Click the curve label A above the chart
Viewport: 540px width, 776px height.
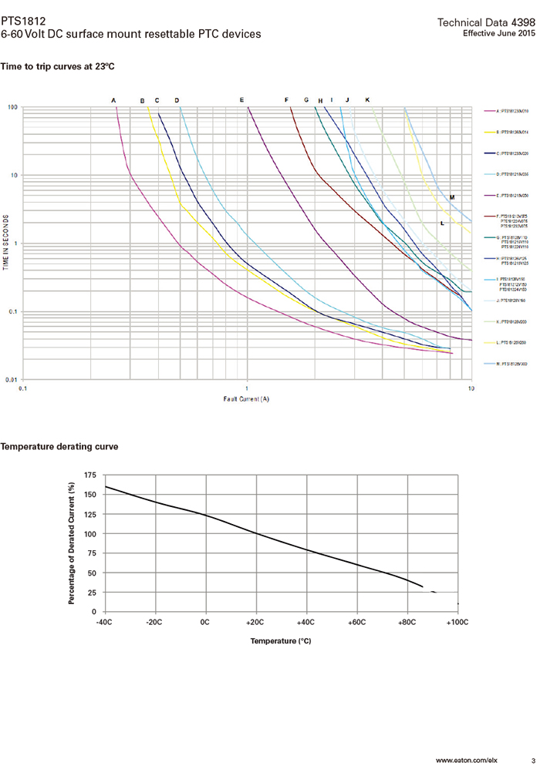[x=113, y=100]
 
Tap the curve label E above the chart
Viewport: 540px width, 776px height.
[x=241, y=100]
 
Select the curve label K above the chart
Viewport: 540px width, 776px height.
[x=367, y=100]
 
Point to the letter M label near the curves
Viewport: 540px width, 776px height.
[x=452, y=198]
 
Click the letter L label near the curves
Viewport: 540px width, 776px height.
[x=442, y=223]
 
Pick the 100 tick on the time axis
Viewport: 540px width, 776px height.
[x=13, y=108]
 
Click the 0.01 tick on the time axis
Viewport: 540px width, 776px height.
[x=12, y=380]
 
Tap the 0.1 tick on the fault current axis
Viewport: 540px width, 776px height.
[x=23, y=389]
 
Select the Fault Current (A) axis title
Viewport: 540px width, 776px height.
[x=247, y=399]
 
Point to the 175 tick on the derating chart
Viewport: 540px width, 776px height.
[x=91, y=475]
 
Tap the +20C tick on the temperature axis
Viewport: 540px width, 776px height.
[x=255, y=621]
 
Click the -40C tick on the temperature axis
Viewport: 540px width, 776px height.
[x=104, y=621]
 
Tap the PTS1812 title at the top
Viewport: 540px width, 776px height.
[x=20, y=22]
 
